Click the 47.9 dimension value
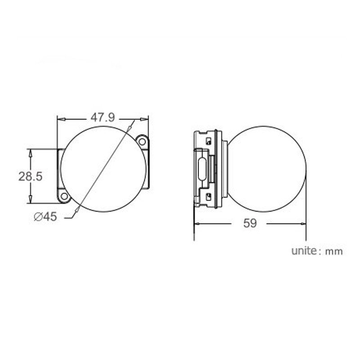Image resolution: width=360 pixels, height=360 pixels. (x=103, y=118)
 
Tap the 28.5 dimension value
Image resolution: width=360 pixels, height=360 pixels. (x=31, y=176)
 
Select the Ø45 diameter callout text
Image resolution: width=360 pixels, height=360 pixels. (x=45, y=217)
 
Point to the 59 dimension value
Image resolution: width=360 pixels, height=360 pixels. (x=250, y=223)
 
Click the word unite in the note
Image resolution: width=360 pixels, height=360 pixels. (x=304, y=251)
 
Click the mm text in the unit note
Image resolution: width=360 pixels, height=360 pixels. (x=334, y=252)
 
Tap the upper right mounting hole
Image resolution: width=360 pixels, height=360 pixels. (x=143, y=141)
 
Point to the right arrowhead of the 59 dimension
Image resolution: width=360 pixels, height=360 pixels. (x=302, y=223)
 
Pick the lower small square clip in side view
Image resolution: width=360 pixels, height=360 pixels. (x=208, y=196)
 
